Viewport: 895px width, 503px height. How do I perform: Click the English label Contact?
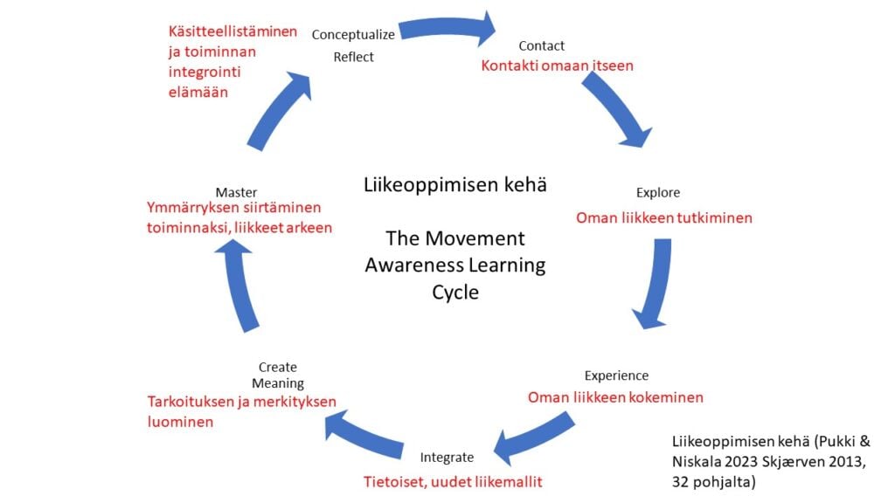541,45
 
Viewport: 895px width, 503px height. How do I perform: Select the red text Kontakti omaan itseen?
557,65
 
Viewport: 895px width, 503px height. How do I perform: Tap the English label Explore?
657,192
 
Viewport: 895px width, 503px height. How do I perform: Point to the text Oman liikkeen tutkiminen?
663,217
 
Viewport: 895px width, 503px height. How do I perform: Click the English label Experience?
616,376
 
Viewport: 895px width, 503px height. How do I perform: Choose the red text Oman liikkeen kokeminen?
615,397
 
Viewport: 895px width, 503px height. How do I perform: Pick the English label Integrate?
447,457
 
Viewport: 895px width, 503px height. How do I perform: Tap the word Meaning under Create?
278,383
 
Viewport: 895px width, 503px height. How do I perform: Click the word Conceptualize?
353,34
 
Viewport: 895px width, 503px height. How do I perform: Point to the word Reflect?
353,57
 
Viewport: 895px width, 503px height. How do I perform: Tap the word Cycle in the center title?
454,292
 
